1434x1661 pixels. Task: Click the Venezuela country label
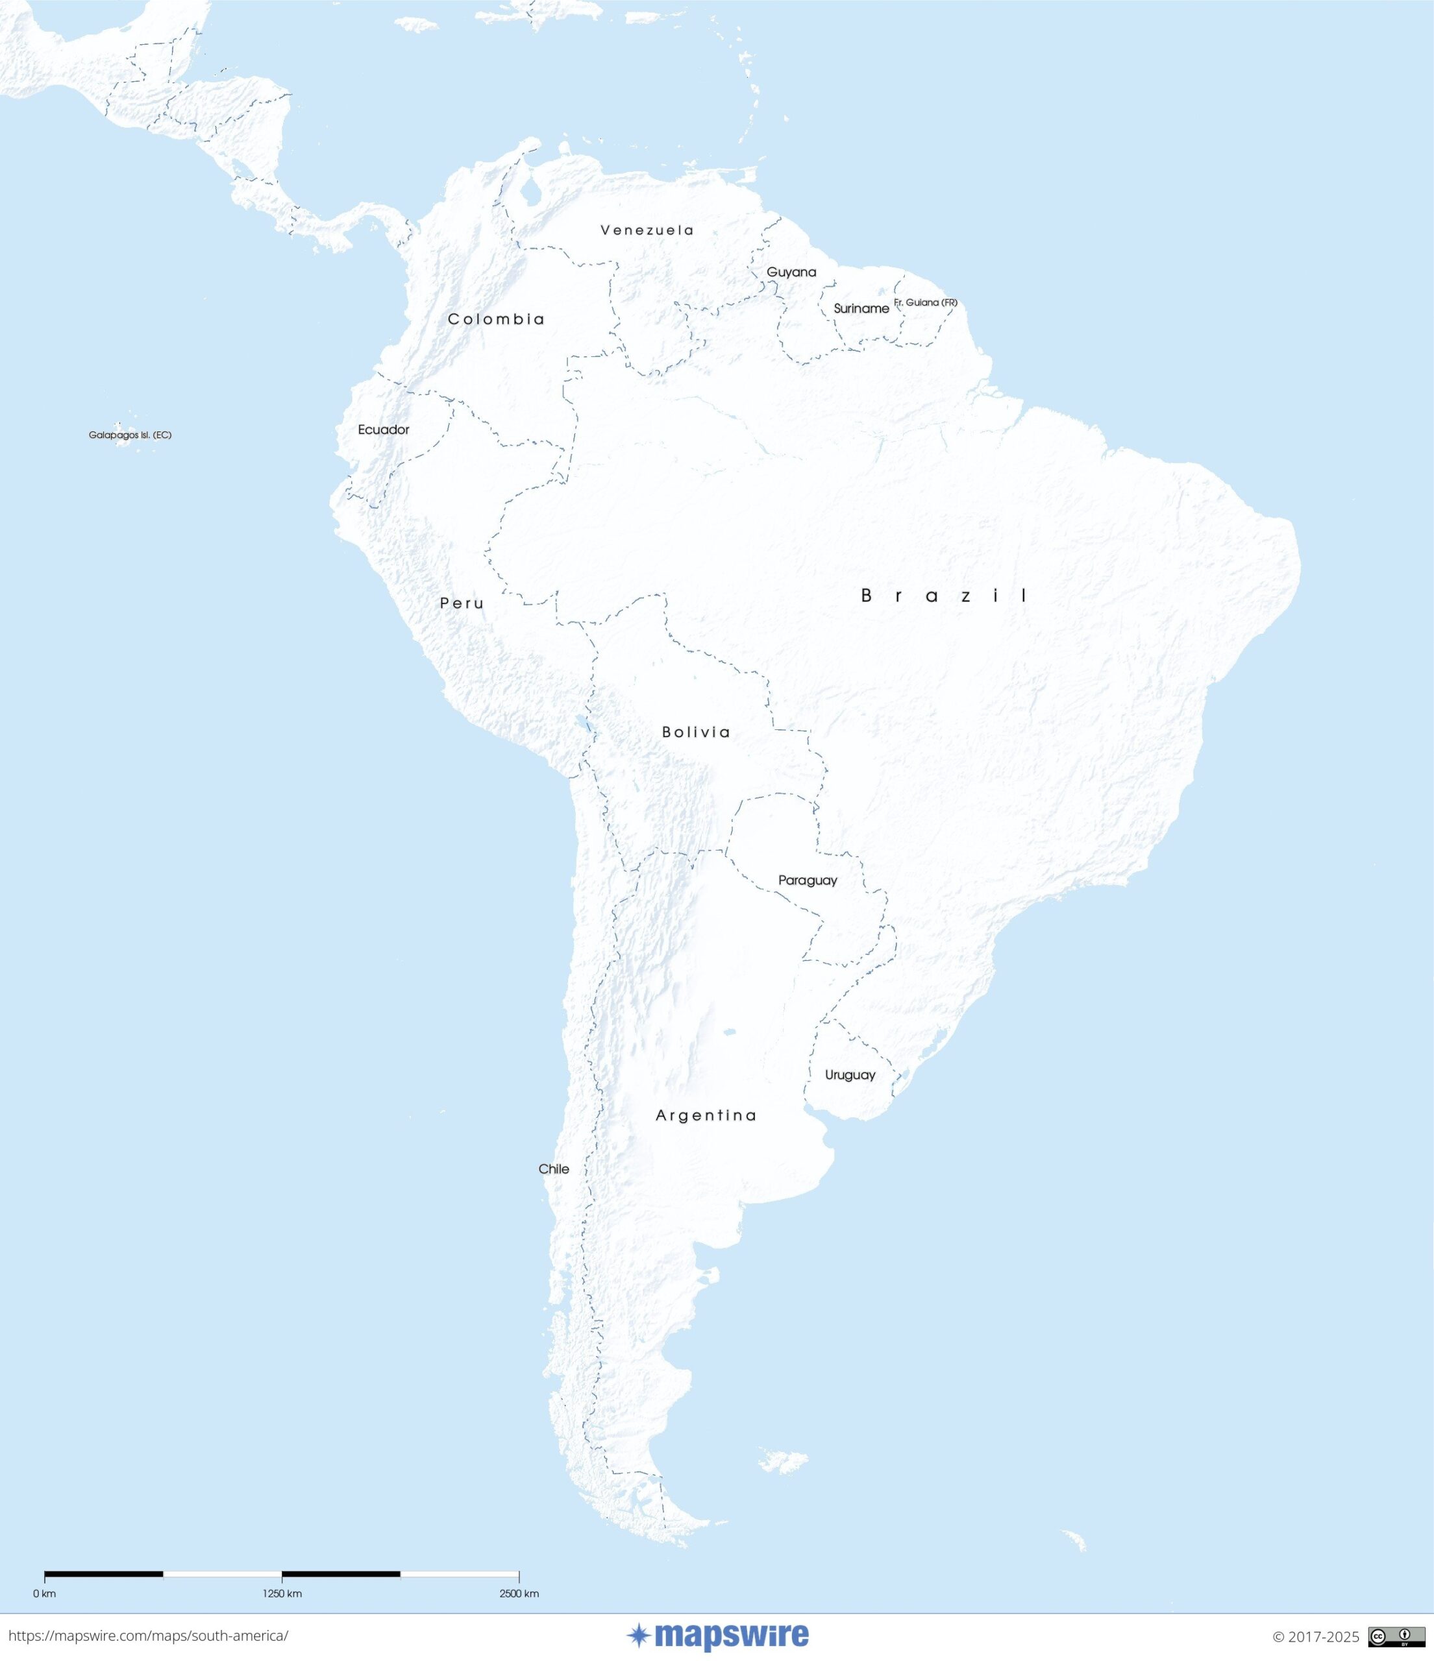coord(647,230)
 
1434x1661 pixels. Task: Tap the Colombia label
coord(496,319)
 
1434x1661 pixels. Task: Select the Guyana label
coord(791,272)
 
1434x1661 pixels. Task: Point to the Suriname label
coord(861,309)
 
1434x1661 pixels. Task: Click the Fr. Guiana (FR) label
coord(926,302)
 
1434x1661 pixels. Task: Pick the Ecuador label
coord(384,430)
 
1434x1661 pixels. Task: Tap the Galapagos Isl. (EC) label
coord(130,435)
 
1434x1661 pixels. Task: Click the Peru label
coord(462,603)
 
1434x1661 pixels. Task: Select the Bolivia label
coord(695,732)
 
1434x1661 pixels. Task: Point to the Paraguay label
coord(808,880)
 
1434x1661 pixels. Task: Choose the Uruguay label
coord(850,1075)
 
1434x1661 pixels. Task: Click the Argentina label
coord(706,1115)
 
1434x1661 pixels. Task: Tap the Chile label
coord(553,1169)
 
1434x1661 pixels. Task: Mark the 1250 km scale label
coord(282,1593)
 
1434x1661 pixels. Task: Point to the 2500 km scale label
coord(519,1593)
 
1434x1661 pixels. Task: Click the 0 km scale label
coord(45,1593)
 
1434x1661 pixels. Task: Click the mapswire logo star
coord(638,1635)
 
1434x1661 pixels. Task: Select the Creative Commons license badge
coord(1396,1636)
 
